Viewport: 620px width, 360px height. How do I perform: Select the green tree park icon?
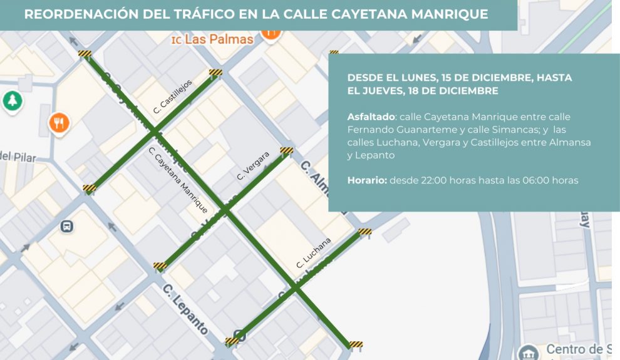click(11, 100)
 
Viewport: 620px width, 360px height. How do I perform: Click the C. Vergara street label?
click(253, 166)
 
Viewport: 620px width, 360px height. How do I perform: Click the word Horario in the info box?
click(366, 180)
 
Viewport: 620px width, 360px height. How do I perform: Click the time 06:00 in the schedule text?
click(531, 180)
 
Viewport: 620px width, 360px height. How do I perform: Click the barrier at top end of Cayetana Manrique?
click(85, 54)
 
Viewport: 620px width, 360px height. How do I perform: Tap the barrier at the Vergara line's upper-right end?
click(286, 150)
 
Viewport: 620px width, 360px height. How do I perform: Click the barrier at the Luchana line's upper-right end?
click(364, 232)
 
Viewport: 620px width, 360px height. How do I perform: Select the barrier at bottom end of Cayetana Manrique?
click(356, 344)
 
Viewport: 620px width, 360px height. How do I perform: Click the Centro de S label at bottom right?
click(578, 349)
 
